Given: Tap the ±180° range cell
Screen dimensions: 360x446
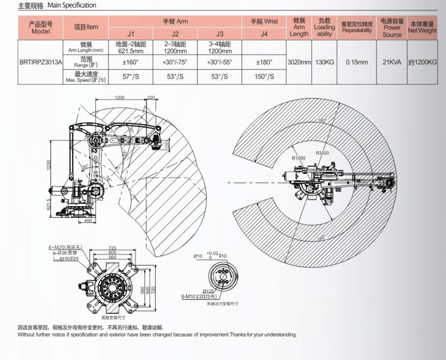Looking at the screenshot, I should point(264,62).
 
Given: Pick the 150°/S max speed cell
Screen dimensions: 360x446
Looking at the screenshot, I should point(264,76).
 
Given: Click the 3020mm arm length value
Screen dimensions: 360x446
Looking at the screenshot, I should point(299,62).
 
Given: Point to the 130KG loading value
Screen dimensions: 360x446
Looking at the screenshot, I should point(324,62).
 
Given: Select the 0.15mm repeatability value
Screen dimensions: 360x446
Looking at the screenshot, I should point(356,62).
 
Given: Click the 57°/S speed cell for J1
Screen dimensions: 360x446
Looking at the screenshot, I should point(131,76).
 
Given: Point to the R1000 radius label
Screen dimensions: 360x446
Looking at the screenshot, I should point(298,159).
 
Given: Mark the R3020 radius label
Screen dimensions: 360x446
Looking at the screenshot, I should point(323,153).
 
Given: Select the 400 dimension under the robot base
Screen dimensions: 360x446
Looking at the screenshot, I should point(89,220).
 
